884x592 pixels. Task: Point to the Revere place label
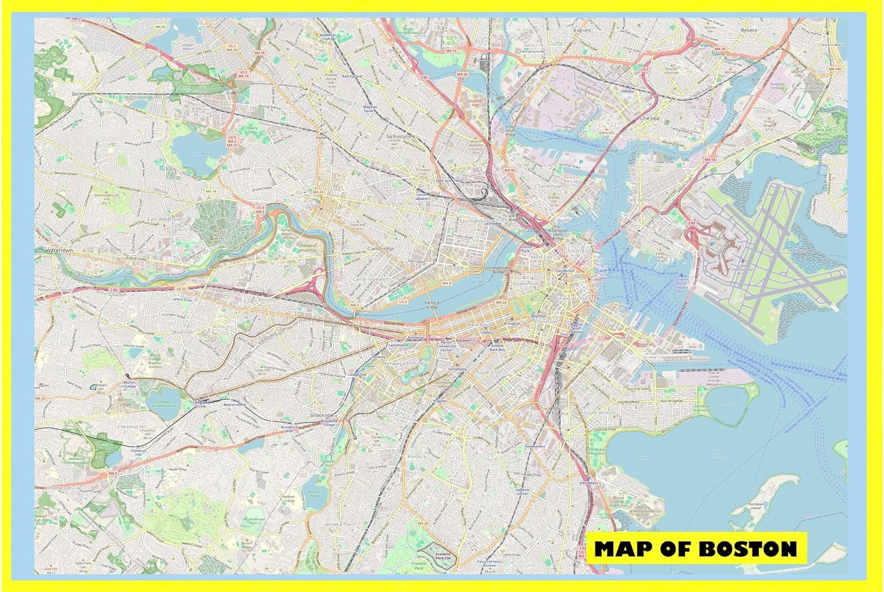click(749, 29)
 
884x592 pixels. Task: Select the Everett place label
click(583, 29)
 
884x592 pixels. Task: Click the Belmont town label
click(82, 94)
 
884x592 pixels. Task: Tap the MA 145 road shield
click(834, 69)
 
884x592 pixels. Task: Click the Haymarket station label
click(564, 270)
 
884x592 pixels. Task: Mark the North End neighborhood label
click(578, 251)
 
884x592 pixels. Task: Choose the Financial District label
click(577, 298)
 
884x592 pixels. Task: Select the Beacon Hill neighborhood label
click(526, 284)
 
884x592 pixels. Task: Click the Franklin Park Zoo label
click(443, 555)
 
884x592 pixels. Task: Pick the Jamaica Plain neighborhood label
click(339, 524)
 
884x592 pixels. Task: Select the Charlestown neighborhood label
click(548, 186)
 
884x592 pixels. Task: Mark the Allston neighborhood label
click(266, 300)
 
